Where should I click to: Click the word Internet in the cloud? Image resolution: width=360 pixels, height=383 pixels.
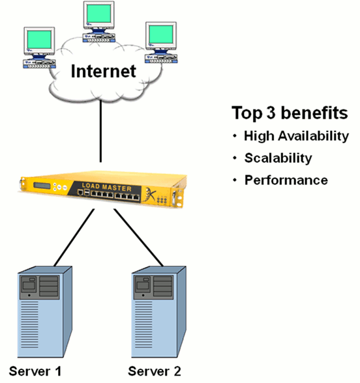click(x=103, y=72)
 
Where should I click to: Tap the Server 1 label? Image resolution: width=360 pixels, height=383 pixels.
click(x=35, y=371)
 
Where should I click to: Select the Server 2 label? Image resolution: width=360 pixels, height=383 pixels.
click(x=155, y=371)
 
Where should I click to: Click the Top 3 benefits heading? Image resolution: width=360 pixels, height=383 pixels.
click(x=290, y=113)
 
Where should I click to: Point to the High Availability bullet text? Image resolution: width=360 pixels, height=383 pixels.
click(x=296, y=135)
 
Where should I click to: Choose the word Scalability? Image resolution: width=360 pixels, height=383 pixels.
click(x=278, y=158)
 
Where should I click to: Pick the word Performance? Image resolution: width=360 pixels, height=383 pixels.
click(x=286, y=180)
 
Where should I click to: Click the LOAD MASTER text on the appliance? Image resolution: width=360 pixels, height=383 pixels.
click(x=107, y=187)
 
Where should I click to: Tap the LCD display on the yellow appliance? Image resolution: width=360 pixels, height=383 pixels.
click(x=42, y=186)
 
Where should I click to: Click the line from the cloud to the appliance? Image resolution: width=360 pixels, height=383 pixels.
click(x=100, y=131)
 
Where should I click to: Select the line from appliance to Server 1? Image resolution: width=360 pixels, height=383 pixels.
click(x=74, y=237)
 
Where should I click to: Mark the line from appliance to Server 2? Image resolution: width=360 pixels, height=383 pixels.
click(x=138, y=237)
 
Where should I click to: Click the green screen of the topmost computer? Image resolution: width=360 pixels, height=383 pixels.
click(x=99, y=14)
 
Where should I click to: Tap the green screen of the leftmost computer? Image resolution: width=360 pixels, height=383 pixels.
click(x=39, y=40)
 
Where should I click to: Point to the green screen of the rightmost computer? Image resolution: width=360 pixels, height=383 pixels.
click(x=161, y=35)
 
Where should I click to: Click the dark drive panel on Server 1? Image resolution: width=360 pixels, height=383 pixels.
click(x=40, y=287)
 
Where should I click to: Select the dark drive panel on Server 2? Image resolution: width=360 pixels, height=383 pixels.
click(x=154, y=287)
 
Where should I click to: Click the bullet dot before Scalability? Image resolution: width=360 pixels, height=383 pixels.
click(x=235, y=158)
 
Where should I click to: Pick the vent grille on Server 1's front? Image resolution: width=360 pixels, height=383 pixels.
click(x=29, y=324)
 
